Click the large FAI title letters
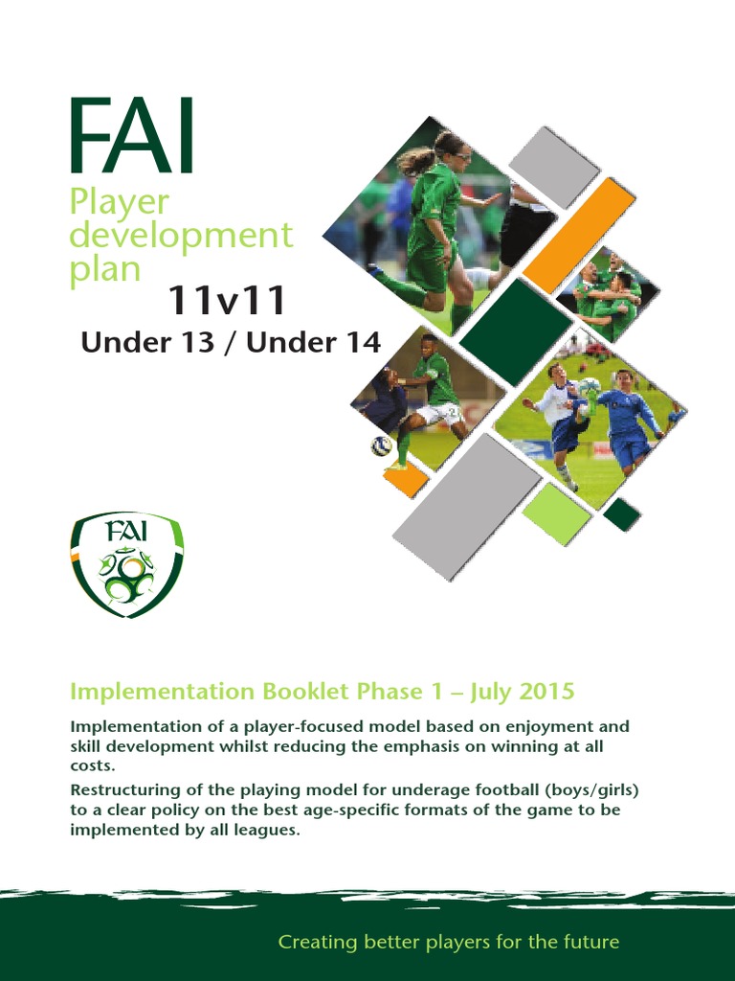pos(132,138)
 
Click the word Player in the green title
pos(119,202)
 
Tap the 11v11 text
pos(227,301)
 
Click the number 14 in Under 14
pos(359,342)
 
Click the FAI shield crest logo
pos(126,563)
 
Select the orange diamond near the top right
pos(579,236)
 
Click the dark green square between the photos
pos(516,331)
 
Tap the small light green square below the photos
pos(556,513)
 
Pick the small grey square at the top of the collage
pos(554,167)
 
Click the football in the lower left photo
pos(382,445)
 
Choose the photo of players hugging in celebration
pos(609,294)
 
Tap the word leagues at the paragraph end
pos(270,831)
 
